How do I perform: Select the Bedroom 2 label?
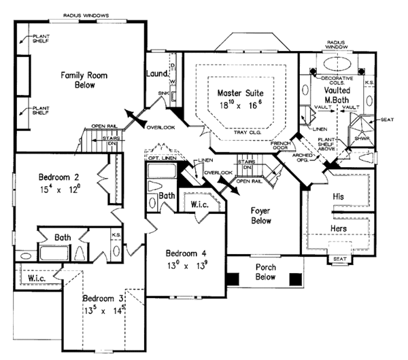click(x=53, y=185)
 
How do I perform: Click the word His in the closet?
click(x=339, y=196)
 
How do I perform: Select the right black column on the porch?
click(x=295, y=278)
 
